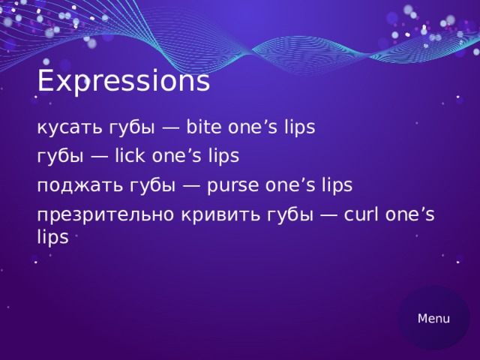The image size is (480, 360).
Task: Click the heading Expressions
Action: (123, 81)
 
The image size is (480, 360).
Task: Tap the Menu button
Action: (433, 319)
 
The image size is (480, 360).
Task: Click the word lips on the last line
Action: (52, 236)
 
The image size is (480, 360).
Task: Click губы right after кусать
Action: (132, 127)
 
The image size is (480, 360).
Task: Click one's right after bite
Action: (254, 127)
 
